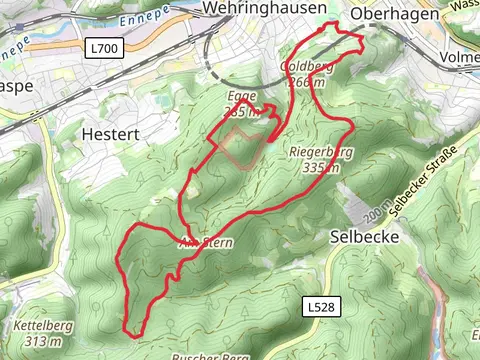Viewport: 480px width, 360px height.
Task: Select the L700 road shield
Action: (100, 48)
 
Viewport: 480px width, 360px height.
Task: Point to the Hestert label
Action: (111, 133)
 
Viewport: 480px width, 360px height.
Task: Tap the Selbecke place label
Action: (364, 237)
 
